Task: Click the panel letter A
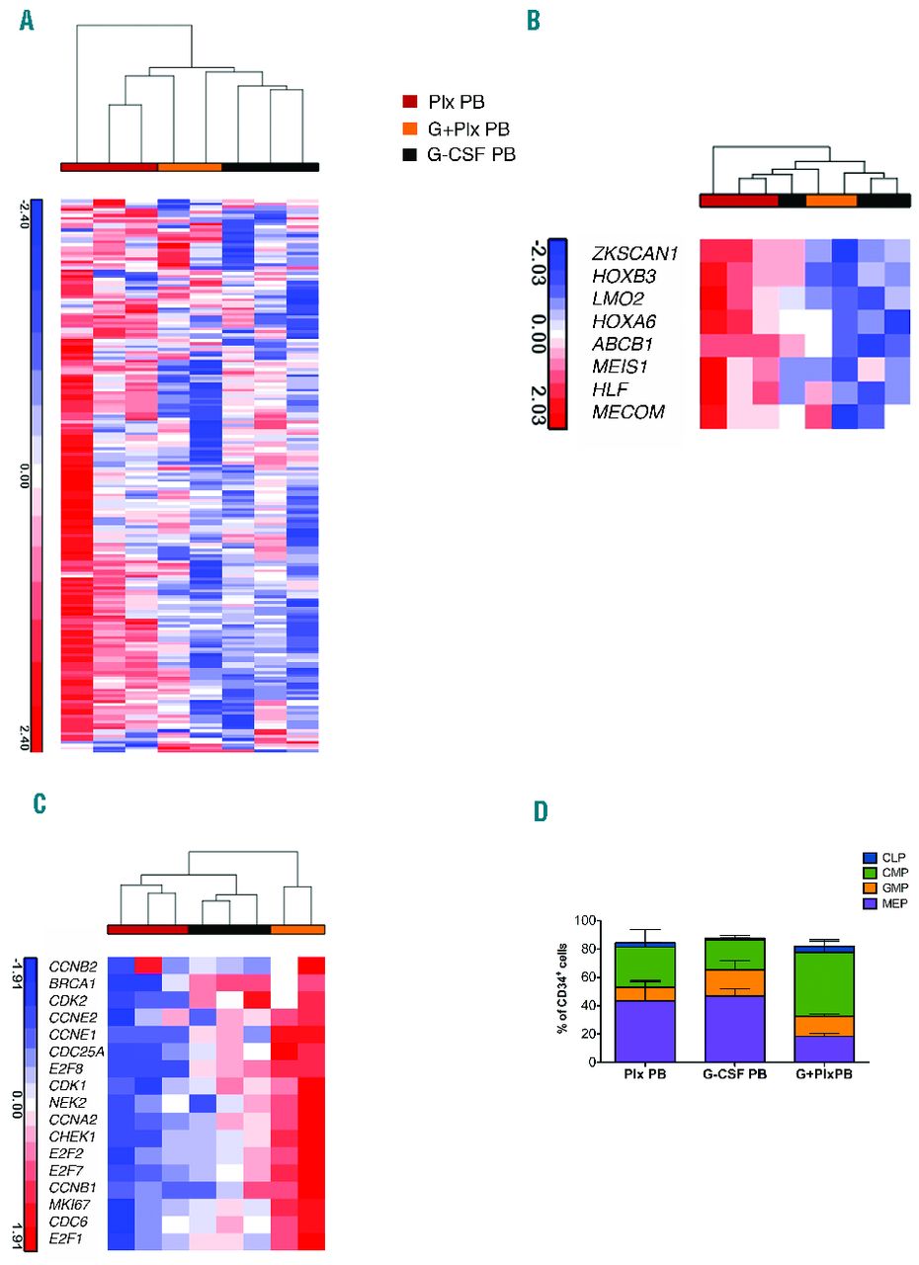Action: (27, 21)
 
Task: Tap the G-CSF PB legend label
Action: (472, 154)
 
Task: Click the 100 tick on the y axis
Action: (584, 921)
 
